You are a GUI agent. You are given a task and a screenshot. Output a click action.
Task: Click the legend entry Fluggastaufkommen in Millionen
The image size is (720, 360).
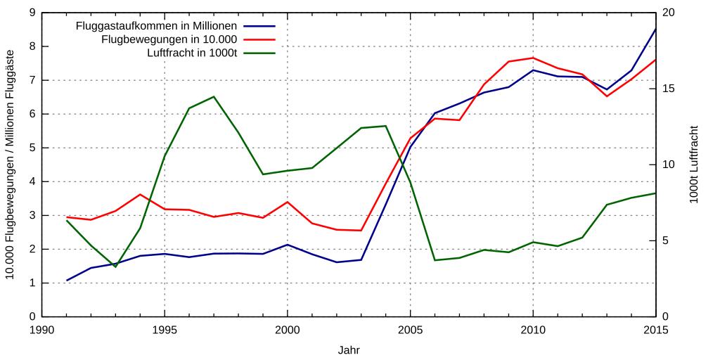click(156, 27)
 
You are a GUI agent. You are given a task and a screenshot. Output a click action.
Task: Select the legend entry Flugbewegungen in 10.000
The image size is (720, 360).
click(169, 39)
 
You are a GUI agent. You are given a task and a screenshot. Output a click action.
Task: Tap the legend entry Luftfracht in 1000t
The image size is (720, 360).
click(192, 53)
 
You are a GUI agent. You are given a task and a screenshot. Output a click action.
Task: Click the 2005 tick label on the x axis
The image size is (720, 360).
click(410, 330)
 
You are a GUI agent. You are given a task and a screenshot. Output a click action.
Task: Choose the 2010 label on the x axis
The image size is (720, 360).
click(533, 330)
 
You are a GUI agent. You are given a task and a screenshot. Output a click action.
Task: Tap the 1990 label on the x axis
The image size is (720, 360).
click(41, 330)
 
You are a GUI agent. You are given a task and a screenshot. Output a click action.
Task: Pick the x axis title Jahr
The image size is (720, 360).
click(349, 349)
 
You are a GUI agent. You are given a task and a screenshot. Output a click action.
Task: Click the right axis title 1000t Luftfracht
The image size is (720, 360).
click(694, 165)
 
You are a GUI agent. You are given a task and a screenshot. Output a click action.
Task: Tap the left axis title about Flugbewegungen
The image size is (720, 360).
click(11, 165)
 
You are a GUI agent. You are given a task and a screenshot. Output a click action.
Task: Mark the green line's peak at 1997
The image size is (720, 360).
click(214, 96)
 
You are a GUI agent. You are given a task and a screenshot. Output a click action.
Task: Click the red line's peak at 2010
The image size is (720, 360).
click(533, 58)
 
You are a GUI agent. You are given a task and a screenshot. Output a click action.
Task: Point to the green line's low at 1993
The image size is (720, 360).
click(115, 266)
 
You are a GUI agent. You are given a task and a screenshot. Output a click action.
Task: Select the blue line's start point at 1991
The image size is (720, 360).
click(67, 281)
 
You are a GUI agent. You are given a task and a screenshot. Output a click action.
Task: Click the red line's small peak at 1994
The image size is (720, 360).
click(140, 194)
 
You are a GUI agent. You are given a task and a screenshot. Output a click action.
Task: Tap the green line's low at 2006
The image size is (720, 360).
click(435, 260)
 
